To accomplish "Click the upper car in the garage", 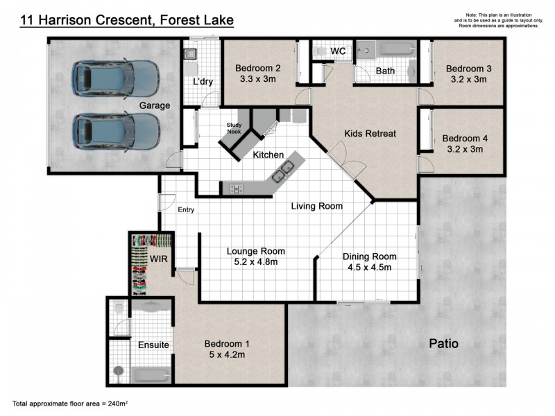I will tap(117, 77).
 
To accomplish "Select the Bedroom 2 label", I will tap(257, 68).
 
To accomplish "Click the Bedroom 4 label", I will tap(466, 138).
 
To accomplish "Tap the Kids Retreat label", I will tap(370, 133).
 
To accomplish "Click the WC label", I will tap(338, 51).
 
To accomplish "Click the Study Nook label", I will tap(234, 128).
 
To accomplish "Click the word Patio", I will tap(443, 343).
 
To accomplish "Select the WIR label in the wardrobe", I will tap(160, 259).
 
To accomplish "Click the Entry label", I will tap(186, 210).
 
